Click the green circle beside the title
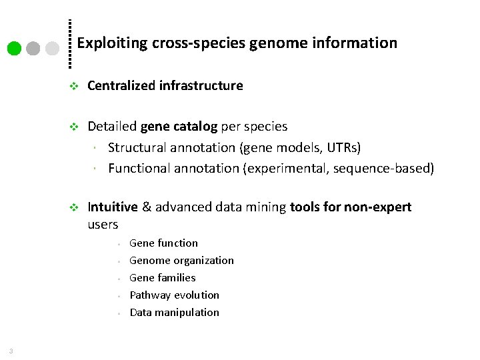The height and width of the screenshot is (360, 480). point(13,48)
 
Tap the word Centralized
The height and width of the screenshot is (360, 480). point(121,85)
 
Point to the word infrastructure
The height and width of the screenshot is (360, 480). point(201,85)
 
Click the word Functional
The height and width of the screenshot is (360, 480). point(139,167)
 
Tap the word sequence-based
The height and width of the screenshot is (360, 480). point(391,167)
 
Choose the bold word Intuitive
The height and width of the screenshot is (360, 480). point(113,207)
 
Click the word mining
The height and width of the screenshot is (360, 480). point(266,207)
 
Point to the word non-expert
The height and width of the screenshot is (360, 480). point(377,207)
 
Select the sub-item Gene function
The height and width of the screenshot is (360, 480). point(163,243)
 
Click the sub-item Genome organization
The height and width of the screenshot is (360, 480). point(181,261)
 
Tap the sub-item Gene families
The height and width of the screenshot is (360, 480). point(162,278)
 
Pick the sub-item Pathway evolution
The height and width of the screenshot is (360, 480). point(174,295)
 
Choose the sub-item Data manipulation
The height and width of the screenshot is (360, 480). point(174,312)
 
